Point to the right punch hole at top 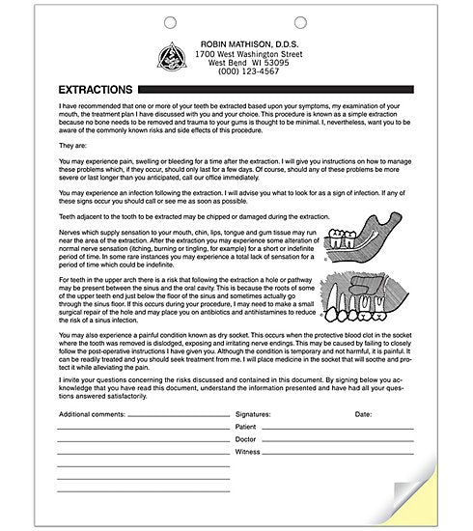pyautogui.click(x=300, y=21)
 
